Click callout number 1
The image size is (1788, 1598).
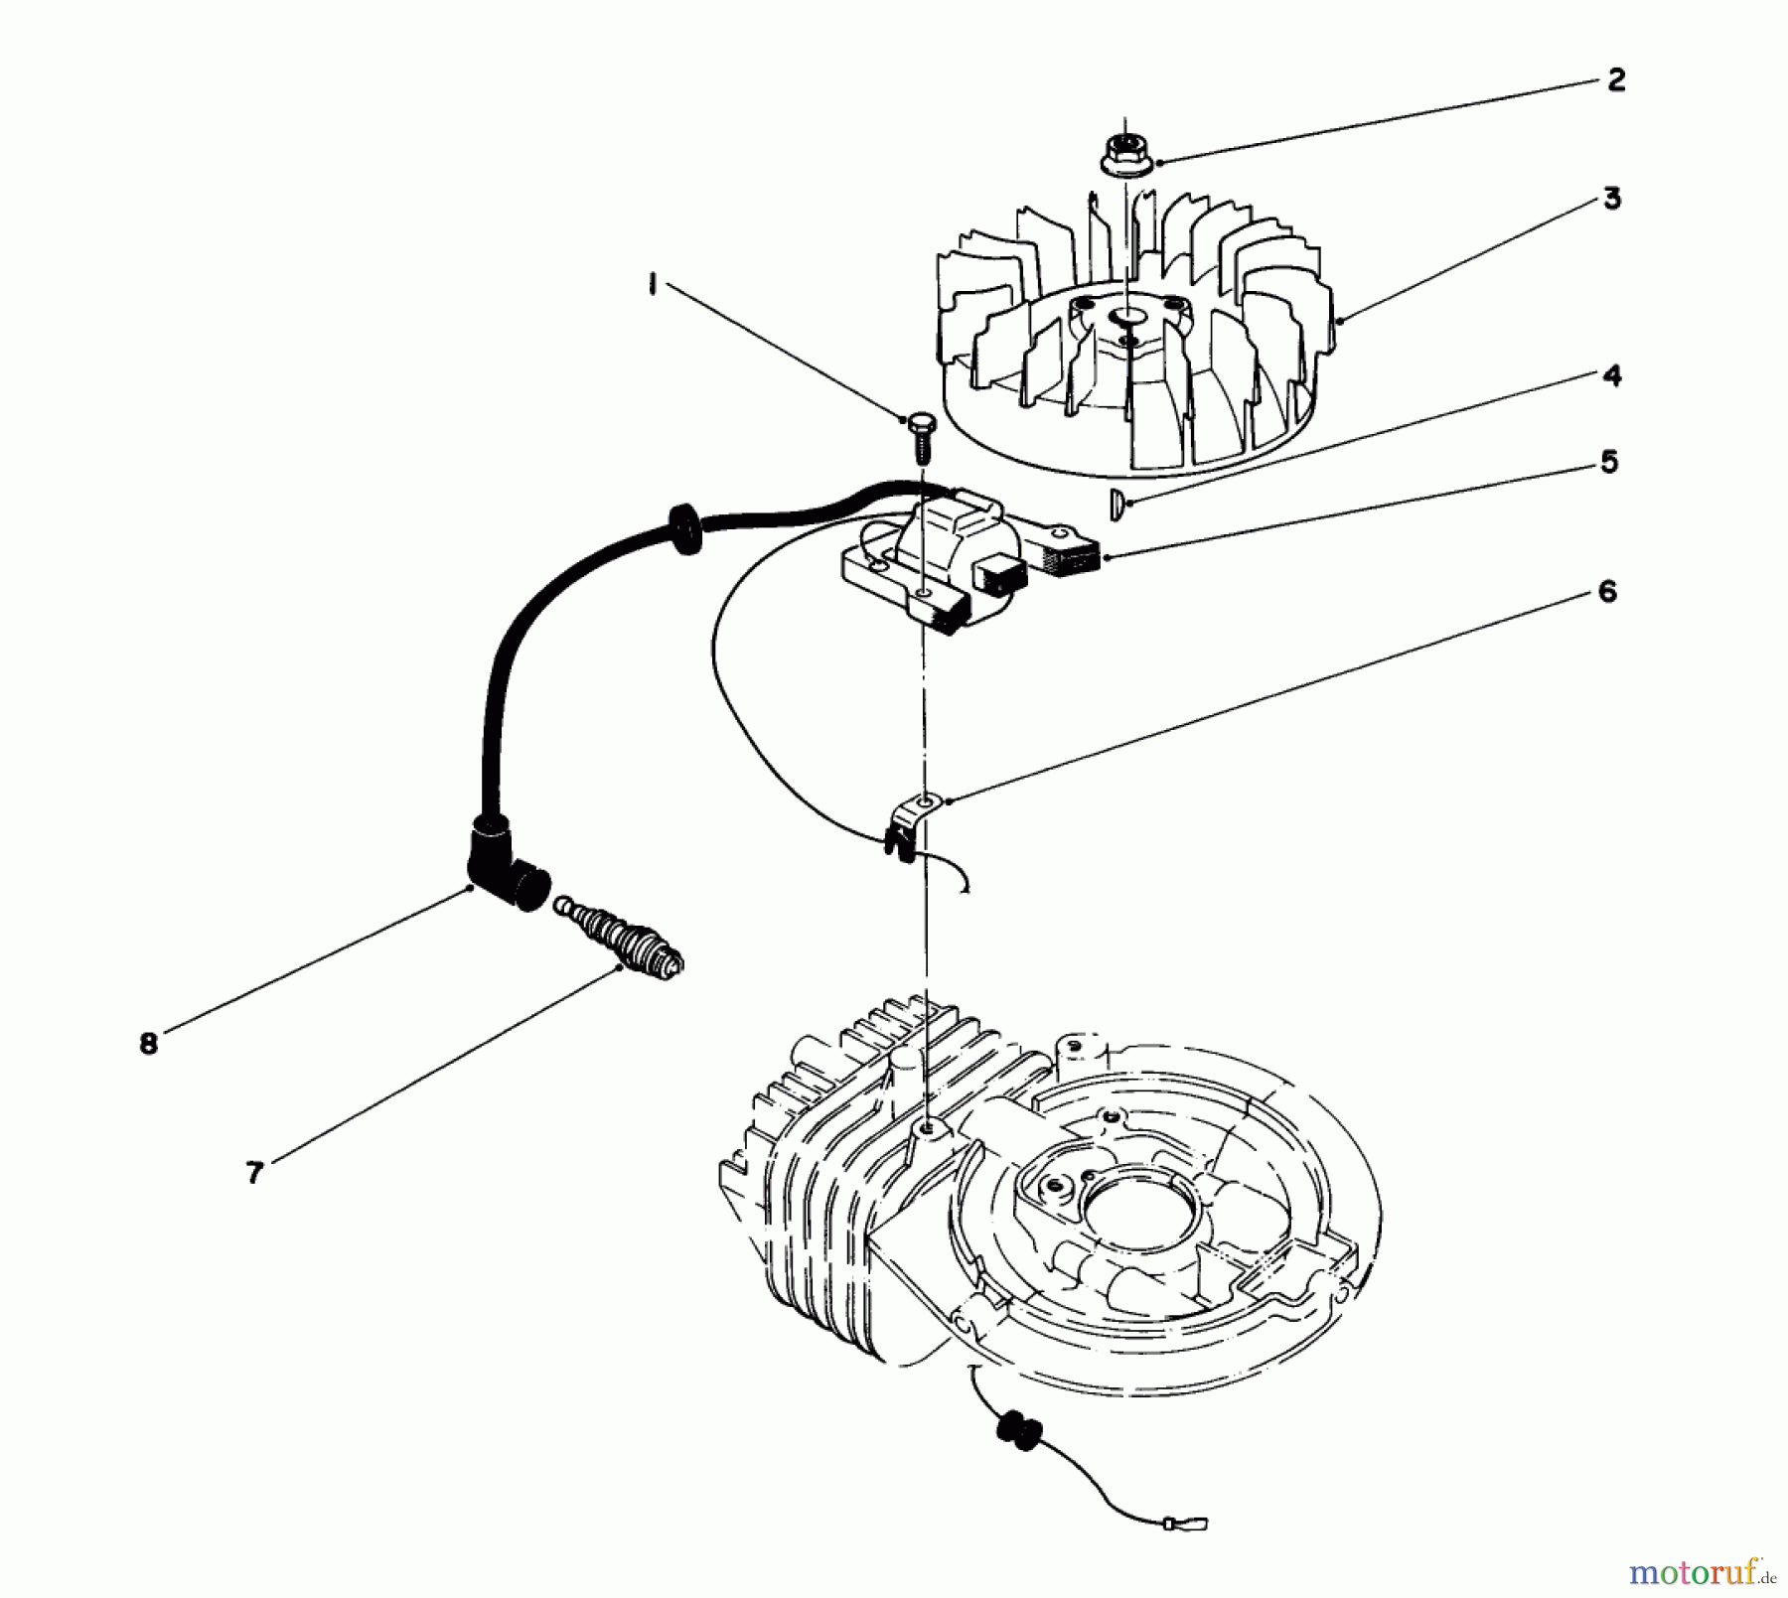pyautogui.click(x=652, y=286)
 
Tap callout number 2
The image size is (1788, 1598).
pyautogui.click(x=1616, y=80)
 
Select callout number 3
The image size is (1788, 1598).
pyautogui.click(x=1612, y=199)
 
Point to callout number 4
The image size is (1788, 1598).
pyautogui.click(x=1611, y=375)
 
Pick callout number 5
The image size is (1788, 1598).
pyautogui.click(x=1609, y=462)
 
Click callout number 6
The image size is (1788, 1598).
pyautogui.click(x=1607, y=592)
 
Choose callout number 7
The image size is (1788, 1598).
pyautogui.click(x=254, y=1173)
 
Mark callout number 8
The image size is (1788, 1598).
pyautogui.click(x=148, y=1044)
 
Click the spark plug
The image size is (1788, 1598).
pyautogui.click(x=620, y=935)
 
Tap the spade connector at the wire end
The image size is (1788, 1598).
pyautogui.click(x=1195, y=1522)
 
